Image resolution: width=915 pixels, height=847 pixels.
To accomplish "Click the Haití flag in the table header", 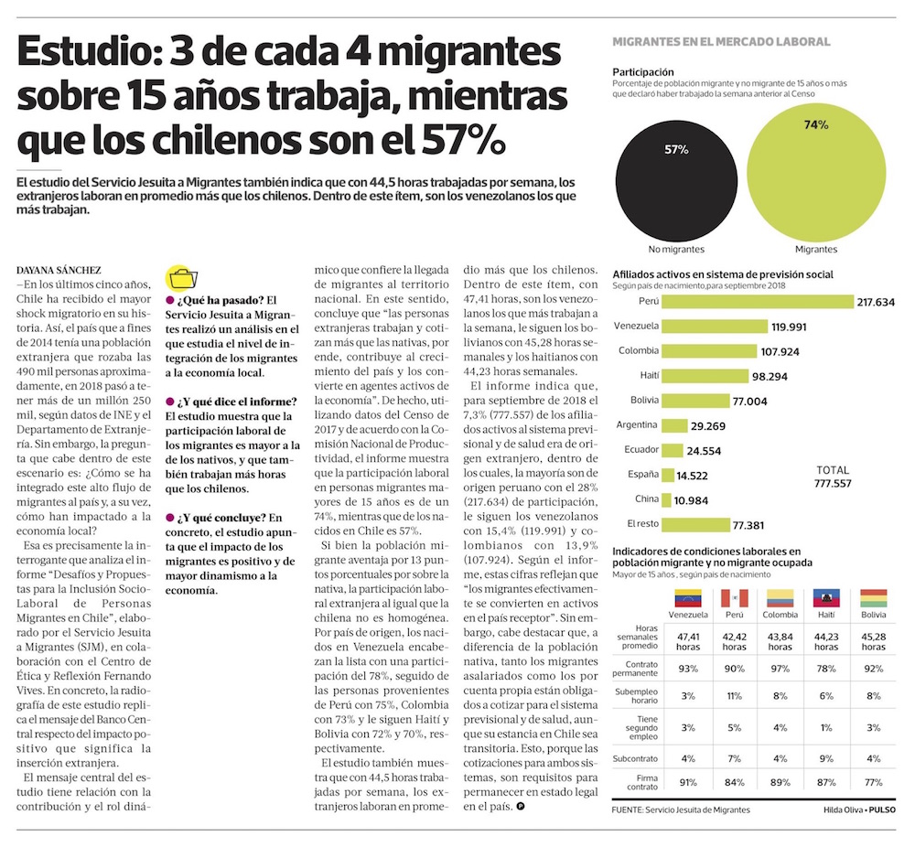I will [827, 599].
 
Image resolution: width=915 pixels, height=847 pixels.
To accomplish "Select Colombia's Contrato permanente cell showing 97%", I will [780, 670].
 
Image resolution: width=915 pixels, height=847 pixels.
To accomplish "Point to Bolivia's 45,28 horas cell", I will [873, 640].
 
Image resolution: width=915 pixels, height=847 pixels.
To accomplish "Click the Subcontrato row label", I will [640, 757].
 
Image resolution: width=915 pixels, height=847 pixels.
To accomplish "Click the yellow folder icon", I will [180, 279].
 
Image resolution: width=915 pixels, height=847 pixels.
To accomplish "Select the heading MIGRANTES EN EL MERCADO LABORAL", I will [721, 42].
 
